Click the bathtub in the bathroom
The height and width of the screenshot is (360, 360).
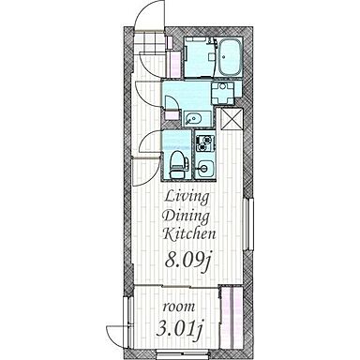pyautogui.click(x=230, y=57)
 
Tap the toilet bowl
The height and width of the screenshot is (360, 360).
pyautogui.click(x=176, y=164)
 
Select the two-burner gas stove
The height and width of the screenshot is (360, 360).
pyautogui.click(x=205, y=142)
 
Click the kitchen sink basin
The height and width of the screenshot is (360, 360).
pyautogui.click(x=204, y=169)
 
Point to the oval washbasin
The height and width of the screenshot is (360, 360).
pyautogui.click(x=193, y=119)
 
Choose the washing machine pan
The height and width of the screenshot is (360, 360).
pyautogui.click(x=222, y=93)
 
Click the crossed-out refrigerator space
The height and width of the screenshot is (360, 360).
pyautogui.click(x=232, y=119)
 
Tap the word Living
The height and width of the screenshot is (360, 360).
pyautogui.click(x=187, y=198)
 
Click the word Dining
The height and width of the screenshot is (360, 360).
pyautogui.click(x=187, y=217)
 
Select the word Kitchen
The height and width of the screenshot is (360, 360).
pyautogui.click(x=189, y=233)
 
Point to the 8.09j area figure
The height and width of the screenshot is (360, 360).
pyautogui.click(x=187, y=262)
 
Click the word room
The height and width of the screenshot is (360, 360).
pyautogui.click(x=179, y=307)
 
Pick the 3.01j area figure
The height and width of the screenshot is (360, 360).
pyautogui.click(x=178, y=329)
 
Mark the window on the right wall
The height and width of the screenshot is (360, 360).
pyautogui.click(x=248, y=224)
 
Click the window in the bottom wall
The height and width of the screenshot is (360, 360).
pyautogui.click(x=183, y=354)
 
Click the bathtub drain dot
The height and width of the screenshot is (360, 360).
pyautogui.click(x=224, y=57)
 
